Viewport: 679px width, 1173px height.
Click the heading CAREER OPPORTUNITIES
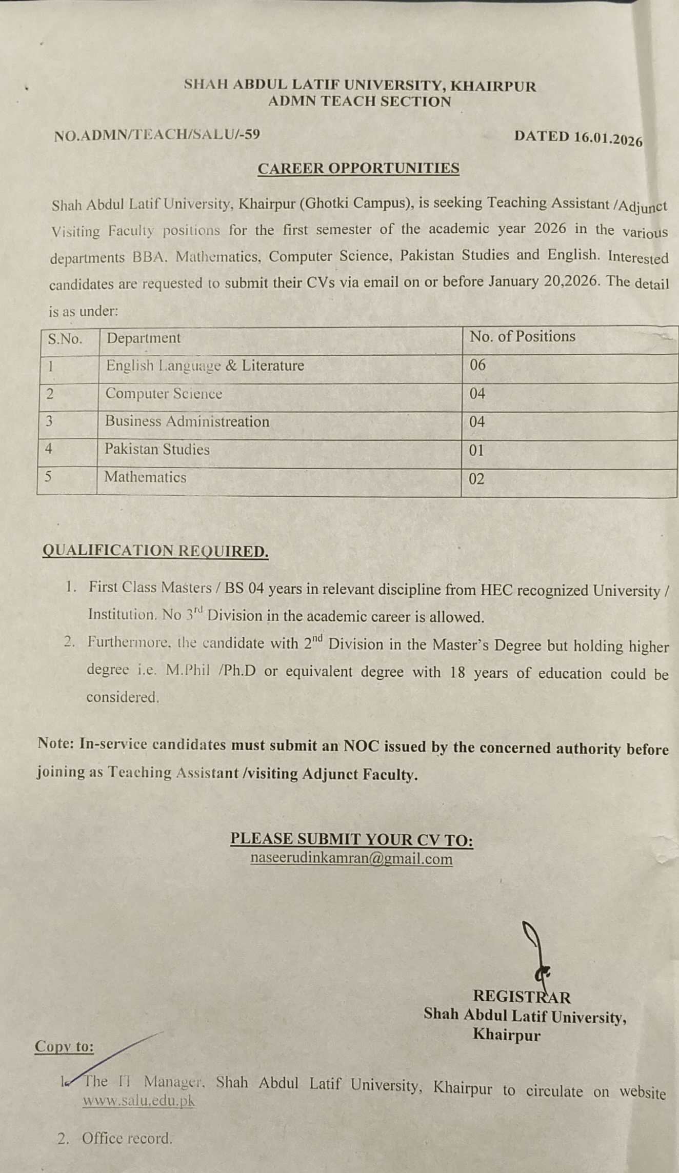(358, 168)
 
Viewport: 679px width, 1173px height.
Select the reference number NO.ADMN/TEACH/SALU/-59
(157, 135)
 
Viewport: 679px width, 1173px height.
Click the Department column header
(144, 338)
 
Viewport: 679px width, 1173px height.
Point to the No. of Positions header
(523, 336)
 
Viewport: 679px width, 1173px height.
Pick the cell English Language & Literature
(205, 366)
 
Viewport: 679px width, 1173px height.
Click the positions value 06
(477, 365)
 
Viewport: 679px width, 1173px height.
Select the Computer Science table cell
(164, 394)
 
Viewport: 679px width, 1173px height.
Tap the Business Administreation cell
(187, 421)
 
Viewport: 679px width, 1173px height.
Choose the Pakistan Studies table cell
(157, 450)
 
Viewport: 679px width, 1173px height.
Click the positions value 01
(476, 451)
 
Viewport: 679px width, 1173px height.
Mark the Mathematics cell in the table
(145, 477)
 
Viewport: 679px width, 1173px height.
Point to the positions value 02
(476, 479)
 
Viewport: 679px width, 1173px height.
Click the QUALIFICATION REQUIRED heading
(155, 551)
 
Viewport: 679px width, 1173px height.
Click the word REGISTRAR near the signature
(522, 997)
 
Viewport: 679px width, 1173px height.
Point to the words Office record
(127, 1138)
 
